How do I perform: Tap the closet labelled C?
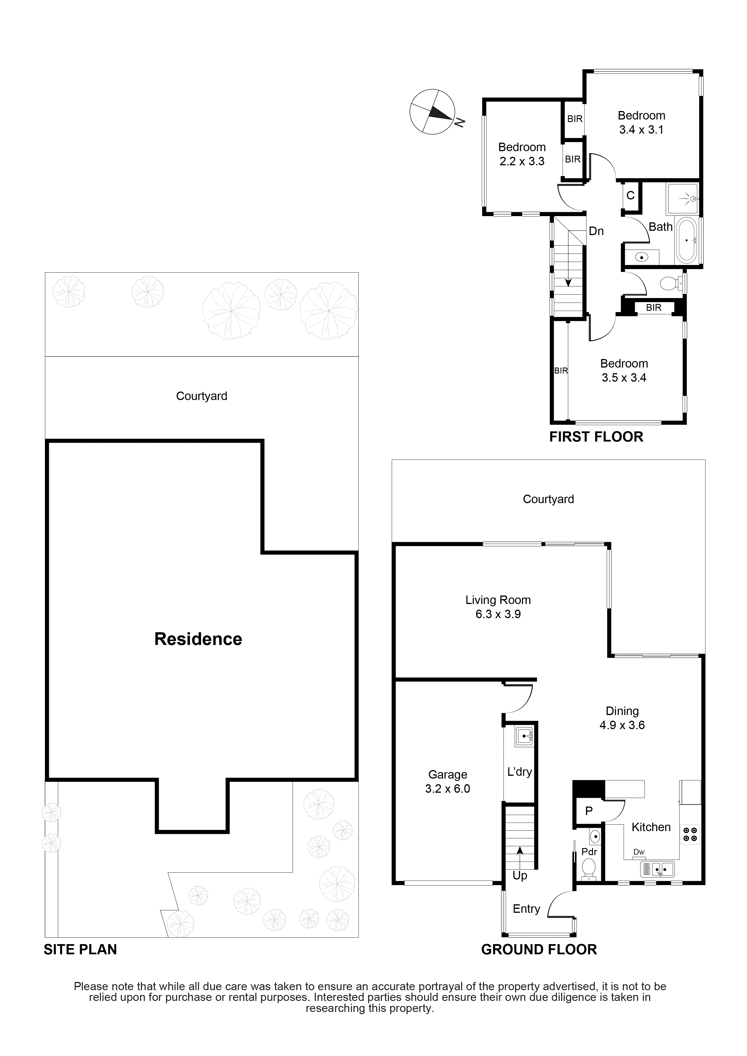click(x=631, y=196)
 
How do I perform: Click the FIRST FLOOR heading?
click(x=596, y=437)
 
